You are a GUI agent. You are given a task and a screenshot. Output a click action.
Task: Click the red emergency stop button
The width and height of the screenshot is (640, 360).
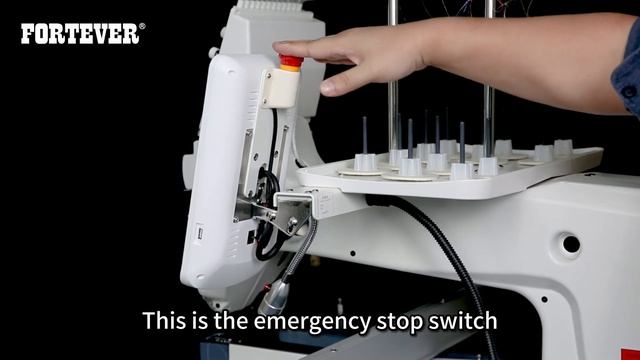click(x=291, y=60)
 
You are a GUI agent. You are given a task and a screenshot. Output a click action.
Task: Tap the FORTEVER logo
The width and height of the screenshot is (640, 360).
click(x=80, y=33)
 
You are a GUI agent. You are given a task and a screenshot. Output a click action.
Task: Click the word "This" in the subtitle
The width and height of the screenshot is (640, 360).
click(x=164, y=320)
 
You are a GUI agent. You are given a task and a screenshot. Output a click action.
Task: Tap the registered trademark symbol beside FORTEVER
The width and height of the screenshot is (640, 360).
click(x=142, y=26)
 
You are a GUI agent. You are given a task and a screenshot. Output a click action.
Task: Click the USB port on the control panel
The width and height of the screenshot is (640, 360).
click(x=200, y=233)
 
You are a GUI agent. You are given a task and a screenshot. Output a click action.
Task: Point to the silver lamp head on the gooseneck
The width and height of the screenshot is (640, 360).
click(x=274, y=297)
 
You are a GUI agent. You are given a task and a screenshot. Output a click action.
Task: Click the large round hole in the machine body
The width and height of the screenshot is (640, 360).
click(x=571, y=244)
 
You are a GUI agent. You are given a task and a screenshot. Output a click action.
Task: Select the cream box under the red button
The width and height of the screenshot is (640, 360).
click(x=281, y=88)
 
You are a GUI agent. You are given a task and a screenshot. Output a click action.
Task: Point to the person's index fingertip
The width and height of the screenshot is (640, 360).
click(x=280, y=47)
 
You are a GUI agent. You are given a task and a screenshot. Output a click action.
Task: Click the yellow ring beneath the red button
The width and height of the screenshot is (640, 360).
click(x=290, y=68)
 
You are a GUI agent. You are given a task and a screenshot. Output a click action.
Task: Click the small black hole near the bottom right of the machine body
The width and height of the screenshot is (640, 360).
click(x=544, y=299)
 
